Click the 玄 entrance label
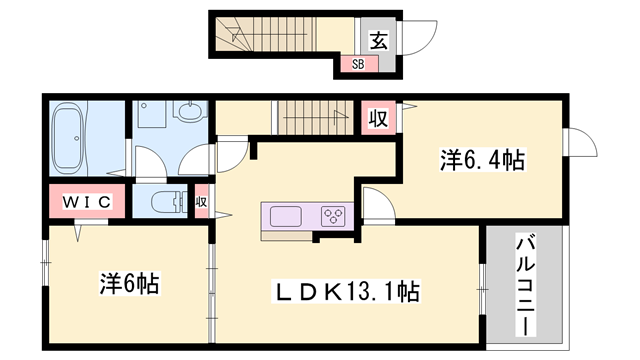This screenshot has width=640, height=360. [381, 41]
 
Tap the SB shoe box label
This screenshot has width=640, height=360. [357, 65]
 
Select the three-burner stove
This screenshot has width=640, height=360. [332, 216]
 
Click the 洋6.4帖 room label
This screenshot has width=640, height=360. [483, 158]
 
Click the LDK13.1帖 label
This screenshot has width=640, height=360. [348, 292]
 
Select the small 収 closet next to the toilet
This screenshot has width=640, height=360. [201, 201]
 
